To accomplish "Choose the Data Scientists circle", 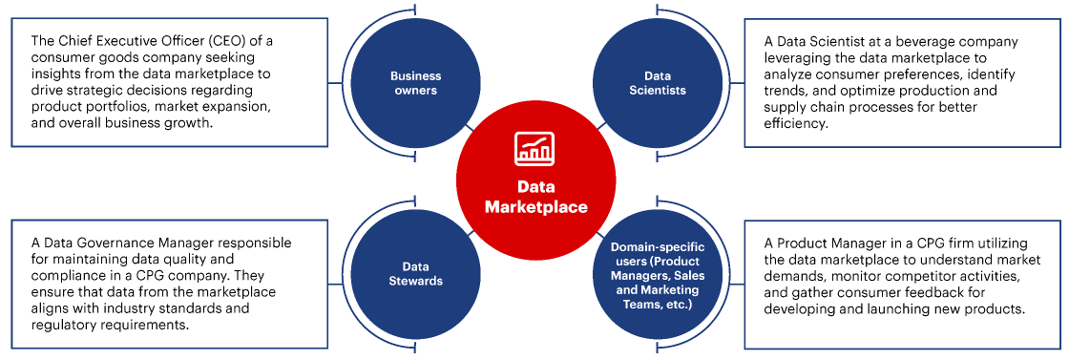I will (x=657, y=83).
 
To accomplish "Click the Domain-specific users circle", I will (x=657, y=275).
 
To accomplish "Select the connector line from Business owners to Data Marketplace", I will (x=468, y=124).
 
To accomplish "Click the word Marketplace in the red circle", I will (x=535, y=206).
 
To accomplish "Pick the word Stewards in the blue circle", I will (x=414, y=281).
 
